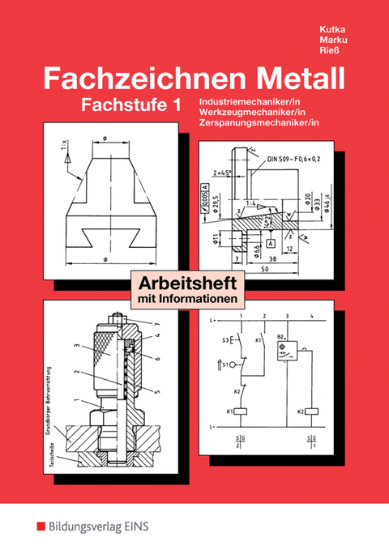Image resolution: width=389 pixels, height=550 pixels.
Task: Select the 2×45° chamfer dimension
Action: coord(223,173)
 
